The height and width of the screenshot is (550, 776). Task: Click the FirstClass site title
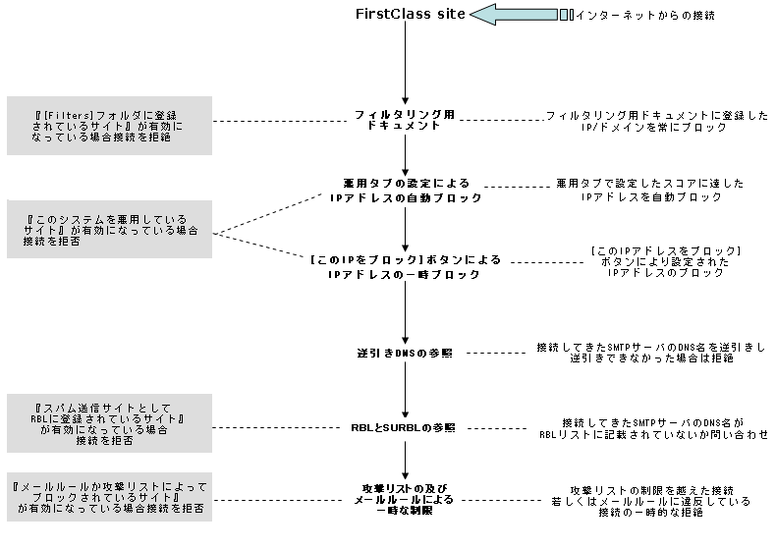click(405, 15)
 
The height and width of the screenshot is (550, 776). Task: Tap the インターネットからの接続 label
click(643, 15)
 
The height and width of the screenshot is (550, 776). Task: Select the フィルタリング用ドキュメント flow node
click(405, 121)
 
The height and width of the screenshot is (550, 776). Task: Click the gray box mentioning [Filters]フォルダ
click(109, 125)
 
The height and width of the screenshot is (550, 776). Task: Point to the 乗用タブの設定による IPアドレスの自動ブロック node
click(406, 191)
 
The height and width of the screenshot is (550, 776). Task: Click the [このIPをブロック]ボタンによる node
click(406, 267)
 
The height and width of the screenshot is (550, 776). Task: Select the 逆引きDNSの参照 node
click(405, 353)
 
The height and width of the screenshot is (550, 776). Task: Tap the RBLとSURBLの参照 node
click(405, 427)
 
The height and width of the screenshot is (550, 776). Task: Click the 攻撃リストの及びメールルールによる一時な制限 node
click(405, 499)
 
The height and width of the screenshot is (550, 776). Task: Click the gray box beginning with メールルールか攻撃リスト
click(109, 499)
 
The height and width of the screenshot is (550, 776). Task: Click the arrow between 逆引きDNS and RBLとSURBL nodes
click(405, 390)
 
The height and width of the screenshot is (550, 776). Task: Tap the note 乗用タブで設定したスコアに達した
click(650, 191)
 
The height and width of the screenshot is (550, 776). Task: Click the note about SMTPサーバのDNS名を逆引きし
click(651, 354)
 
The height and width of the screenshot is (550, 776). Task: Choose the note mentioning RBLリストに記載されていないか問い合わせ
click(651, 427)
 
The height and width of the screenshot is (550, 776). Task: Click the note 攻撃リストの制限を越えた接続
click(651, 501)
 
